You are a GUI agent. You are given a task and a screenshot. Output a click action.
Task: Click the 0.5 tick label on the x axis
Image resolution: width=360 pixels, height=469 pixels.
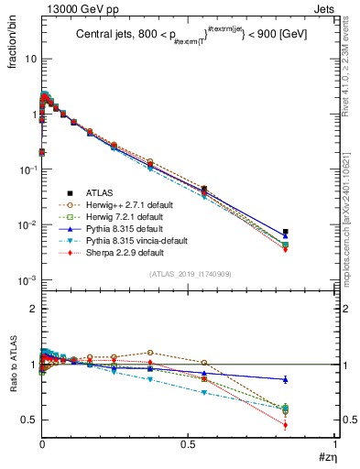188,443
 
